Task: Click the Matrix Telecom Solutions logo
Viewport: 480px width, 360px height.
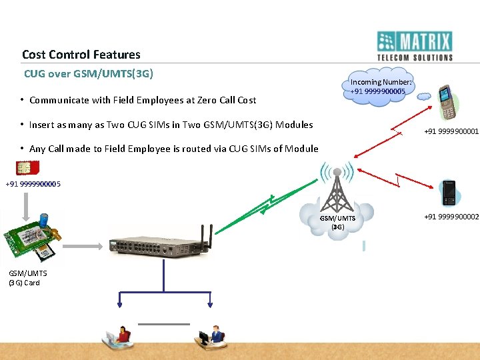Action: coord(414,46)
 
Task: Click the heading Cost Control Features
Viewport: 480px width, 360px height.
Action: coord(81,55)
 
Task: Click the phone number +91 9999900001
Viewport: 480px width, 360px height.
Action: coord(451,132)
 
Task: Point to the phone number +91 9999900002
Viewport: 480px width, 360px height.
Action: coord(451,217)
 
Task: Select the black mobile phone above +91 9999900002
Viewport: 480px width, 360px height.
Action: coord(449,193)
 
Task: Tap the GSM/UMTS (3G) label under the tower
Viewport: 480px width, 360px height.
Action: coord(337,223)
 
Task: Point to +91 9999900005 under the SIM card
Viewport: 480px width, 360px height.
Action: coord(33,184)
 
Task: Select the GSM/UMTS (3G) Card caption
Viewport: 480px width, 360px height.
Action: coord(24,278)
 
